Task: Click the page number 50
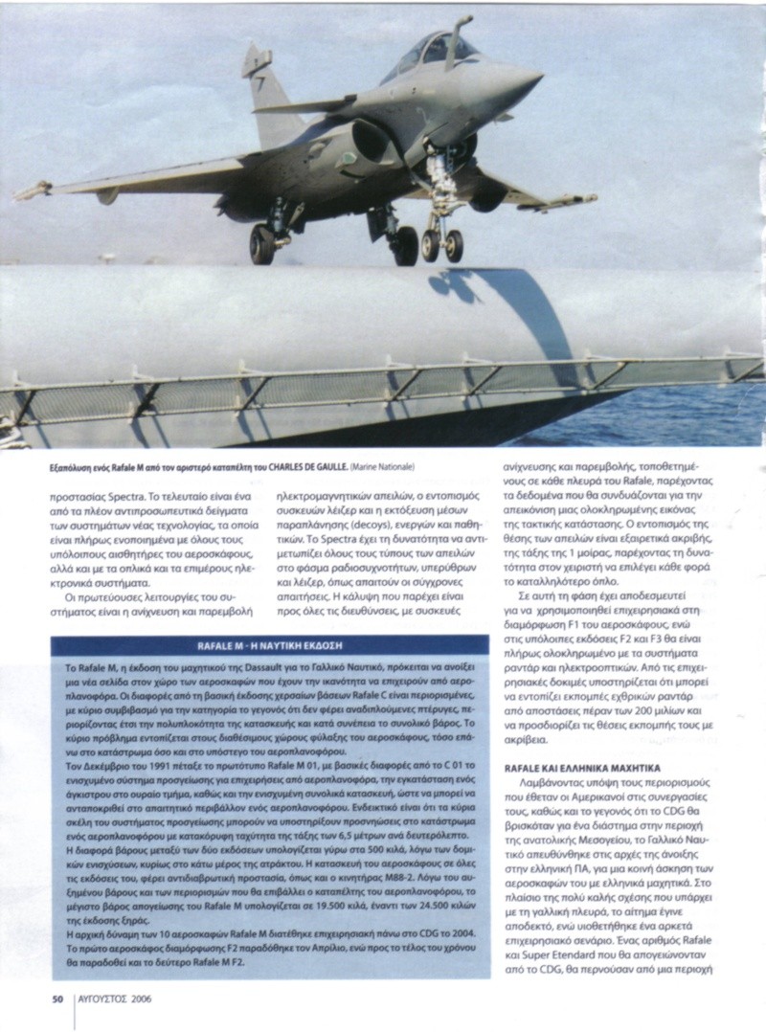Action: (x=56, y=999)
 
